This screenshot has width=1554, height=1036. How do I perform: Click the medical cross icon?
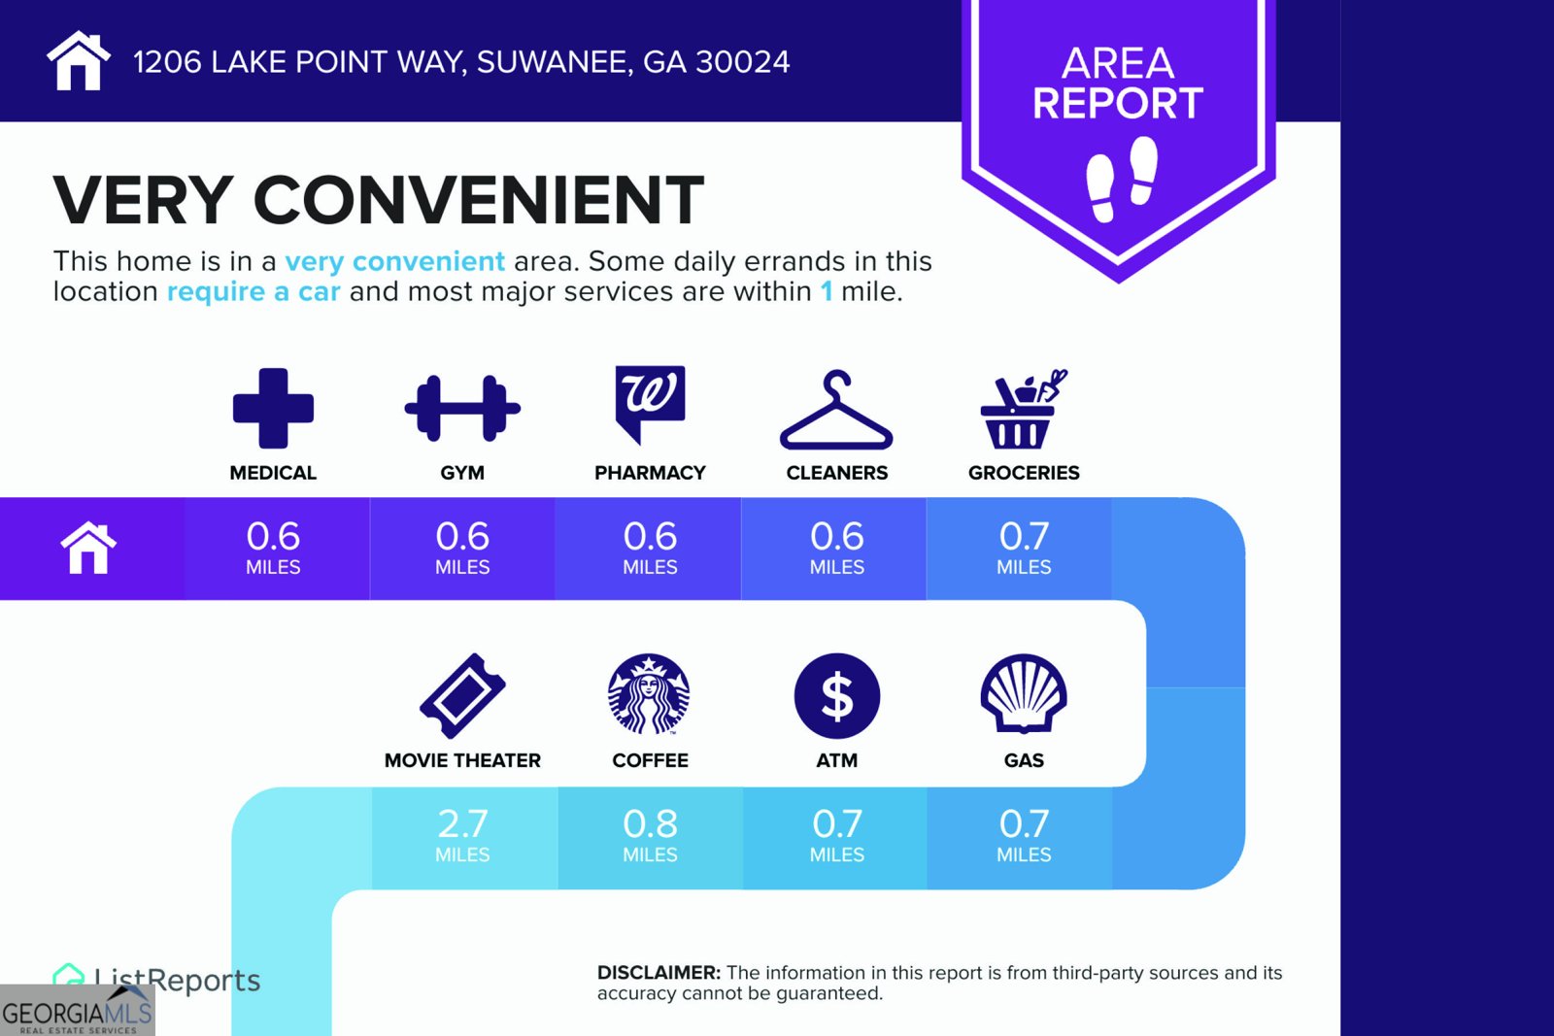pos(273,408)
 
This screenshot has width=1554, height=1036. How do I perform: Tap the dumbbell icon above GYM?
pos(462,409)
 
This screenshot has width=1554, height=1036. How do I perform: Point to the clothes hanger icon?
pos(836,410)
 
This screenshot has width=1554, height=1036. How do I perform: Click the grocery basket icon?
pos(1024,409)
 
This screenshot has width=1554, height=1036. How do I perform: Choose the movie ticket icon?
pos(462,695)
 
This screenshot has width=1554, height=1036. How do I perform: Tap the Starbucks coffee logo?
pos(650,694)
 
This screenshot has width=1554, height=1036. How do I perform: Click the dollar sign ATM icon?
pos(837,695)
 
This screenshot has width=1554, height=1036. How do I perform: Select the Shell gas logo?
pos(1024,693)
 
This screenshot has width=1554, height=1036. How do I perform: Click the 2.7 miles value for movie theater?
pos(462,835)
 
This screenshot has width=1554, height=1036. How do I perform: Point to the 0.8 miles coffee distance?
pos(650,835)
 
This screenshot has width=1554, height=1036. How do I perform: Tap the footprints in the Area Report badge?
pos(1121,179)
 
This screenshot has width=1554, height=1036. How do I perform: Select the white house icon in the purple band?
pos(88,548)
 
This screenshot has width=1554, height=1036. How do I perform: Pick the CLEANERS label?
pos(836,473)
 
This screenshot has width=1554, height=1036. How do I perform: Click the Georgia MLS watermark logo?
pos(77,1011)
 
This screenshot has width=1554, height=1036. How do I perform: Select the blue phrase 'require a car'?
pos(253,291)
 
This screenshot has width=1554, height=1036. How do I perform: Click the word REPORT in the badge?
pos(1118,103)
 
